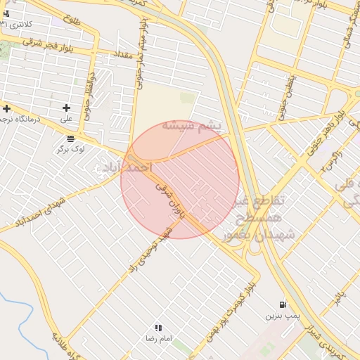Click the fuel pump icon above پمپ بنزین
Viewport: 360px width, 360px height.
coord(283,304)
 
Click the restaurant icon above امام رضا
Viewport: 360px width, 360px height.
coord(158,328)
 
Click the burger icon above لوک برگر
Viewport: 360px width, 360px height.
coord(70,138)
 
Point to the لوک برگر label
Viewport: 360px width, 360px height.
coord(72,149)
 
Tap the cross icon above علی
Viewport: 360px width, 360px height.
coord(67,108)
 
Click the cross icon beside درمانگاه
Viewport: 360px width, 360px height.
coord(6,108)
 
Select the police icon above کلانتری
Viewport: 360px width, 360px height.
coord(6,13)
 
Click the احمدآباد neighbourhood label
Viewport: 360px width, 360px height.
coord(127,167)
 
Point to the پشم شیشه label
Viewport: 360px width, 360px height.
coord(191,126)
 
